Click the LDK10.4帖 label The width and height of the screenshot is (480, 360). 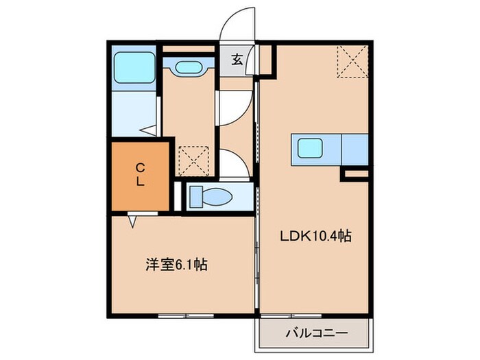[315, 237]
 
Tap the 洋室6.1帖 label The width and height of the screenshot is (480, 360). [176, 263]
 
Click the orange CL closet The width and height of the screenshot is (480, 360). [139, 176]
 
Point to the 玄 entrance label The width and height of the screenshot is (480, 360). [236, 60]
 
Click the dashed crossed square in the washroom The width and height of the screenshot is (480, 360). [193, 160]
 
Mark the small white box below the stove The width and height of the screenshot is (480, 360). [355, 176]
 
